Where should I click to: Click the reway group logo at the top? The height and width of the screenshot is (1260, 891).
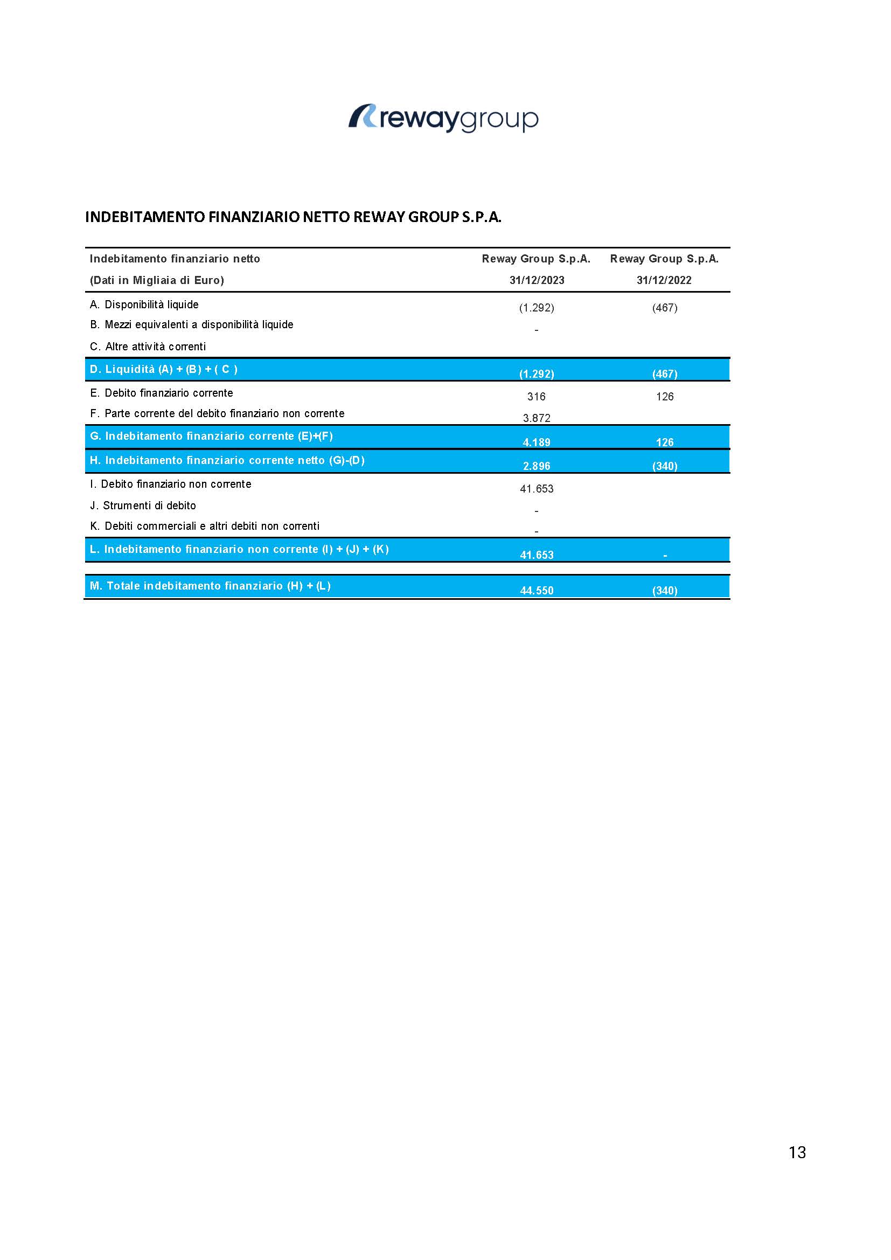point(443,118)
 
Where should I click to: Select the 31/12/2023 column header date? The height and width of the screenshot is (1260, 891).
point(537,280)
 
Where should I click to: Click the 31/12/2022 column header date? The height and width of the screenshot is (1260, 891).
point(664,280)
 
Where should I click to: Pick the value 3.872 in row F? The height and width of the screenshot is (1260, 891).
point(536,418)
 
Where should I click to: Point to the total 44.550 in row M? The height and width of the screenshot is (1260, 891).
point(536,591)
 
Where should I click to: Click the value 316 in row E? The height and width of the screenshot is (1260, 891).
point(536,396)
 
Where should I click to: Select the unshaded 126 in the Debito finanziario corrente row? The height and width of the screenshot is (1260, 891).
point(664,396)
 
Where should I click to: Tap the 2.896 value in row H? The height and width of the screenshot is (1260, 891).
point(536,466)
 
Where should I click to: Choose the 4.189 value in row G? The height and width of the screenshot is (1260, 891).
point(536,442)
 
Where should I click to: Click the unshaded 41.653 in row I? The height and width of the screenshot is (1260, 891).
point(536,489)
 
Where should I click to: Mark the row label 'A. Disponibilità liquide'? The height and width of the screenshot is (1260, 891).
point(144,304)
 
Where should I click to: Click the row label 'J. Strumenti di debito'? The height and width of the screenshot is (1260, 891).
point(143,506)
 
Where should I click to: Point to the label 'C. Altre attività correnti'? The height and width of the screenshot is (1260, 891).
point(148,347)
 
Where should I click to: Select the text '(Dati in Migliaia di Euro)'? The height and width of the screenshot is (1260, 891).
point(157,280)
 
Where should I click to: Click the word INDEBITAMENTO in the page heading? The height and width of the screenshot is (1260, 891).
point(145,217)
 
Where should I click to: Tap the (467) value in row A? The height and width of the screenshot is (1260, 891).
point(664,308)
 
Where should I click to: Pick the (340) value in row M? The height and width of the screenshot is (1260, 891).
point(664,591)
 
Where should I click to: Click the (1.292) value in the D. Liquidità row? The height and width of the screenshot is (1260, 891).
point(536,373)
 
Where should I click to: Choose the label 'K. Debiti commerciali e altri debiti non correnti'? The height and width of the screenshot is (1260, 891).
point(205,527)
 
